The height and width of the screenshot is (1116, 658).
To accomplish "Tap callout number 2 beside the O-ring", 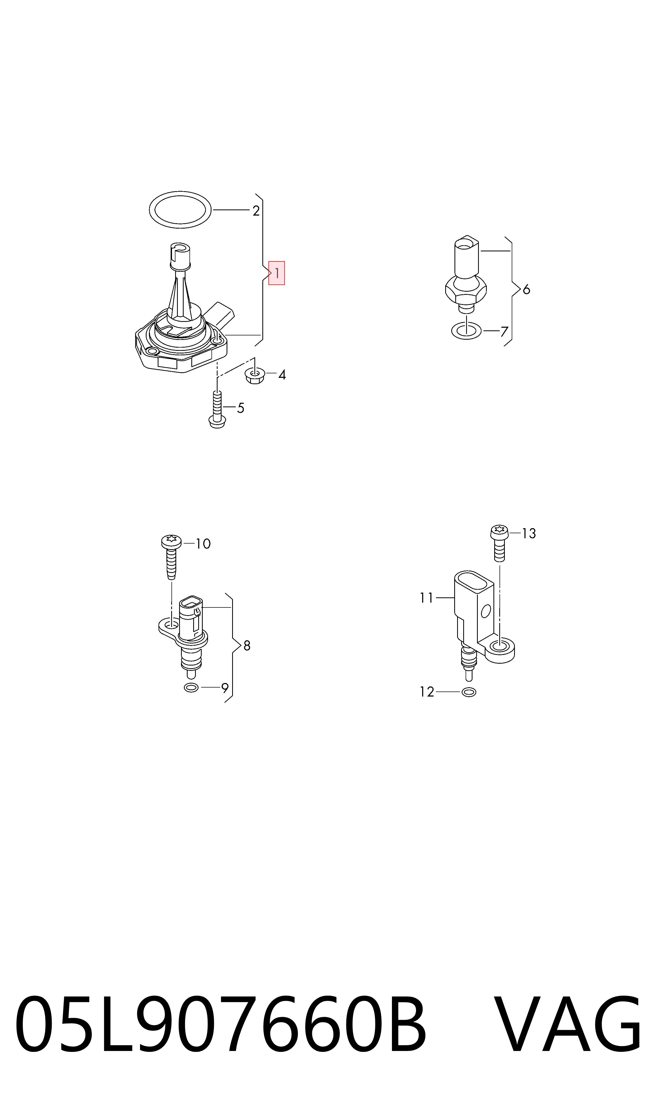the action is (x=256, y=211).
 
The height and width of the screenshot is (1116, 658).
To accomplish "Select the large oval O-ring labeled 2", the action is (x=180, y=210).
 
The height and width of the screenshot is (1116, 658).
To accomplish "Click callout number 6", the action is (x=526, y=290).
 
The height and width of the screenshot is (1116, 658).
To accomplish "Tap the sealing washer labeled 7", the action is (x=466, y=331).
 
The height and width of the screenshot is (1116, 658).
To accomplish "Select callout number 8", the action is (x=247, y=646).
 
